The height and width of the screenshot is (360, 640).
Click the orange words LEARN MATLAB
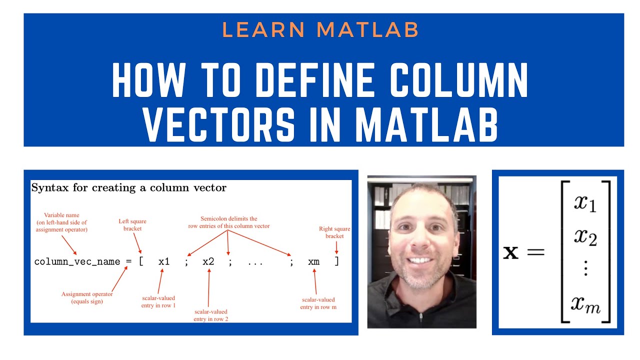[x=320, y=30]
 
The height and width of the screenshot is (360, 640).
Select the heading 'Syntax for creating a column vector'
[x=129, y=188]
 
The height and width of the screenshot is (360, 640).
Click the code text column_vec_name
[x=77, y=261]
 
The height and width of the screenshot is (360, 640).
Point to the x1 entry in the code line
[x=164, y=261]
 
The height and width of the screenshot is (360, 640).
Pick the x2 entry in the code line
[x=208, y=261]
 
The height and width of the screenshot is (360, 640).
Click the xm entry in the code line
[x=313, y=261]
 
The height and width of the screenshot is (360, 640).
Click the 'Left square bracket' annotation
[x=132, y=224]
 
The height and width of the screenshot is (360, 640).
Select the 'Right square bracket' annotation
[x=334, y=232]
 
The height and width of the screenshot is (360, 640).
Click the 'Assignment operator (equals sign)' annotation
[x=87, y=297]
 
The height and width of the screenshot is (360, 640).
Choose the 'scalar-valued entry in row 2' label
[x=211, y=315]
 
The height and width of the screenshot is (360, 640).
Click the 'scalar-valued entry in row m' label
[x=318, y=303]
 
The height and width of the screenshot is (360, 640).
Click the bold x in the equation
[x=510, y=252]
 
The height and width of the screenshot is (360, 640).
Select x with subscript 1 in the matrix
[x=585, y=203]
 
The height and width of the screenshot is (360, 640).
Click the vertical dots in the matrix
[x=586, y=270]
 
